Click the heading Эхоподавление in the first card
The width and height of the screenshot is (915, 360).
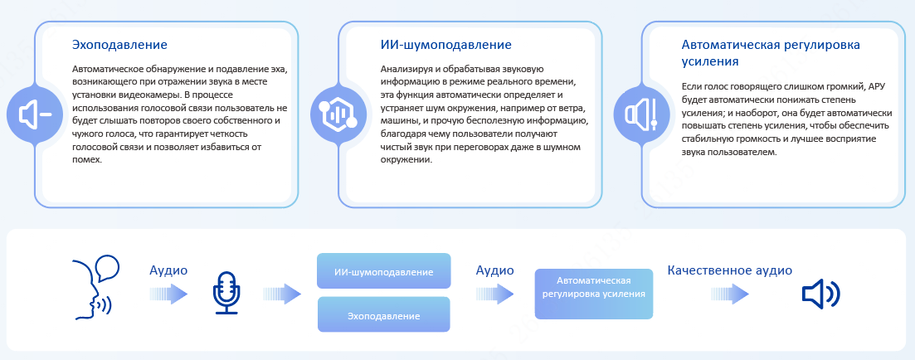pyautogui.click(x=119, y=44)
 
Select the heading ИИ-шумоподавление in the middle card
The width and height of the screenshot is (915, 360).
pyautogui.click(x=445, y=45)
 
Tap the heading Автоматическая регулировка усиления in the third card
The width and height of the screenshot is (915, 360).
pyautogui.click(x=771, y=53)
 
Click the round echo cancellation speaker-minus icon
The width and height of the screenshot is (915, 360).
pyautogui.click(x=35, y=114)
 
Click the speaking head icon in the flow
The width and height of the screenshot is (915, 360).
pyautogui.click(x=95, y=286)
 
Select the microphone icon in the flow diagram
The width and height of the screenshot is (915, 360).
pyautogui.click(x=226, y=293)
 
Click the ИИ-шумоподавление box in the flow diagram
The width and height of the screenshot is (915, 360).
pyautogui.click(x=384, y=270)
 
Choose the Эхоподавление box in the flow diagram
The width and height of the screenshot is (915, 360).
pyautogui.click(x=384, y=314)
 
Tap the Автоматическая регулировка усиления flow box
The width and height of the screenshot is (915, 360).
pyautogui.click(x=593, y=294)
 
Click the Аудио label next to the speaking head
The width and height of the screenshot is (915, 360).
pyautogui.click(x=168, y=270)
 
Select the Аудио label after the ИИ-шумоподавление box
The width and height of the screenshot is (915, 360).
pyautogui.click(x=495, y=270)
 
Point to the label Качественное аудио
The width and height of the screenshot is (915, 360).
pyautogui.click(x=729, y=270)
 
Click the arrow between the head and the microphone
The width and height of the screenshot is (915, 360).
pyautogui.click(x=168, y=294)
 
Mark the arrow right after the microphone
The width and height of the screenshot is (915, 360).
pyautogui.click(x=282, y=294)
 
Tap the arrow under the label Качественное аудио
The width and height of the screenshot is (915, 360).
pyautogui.click(x=730, y=294)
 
